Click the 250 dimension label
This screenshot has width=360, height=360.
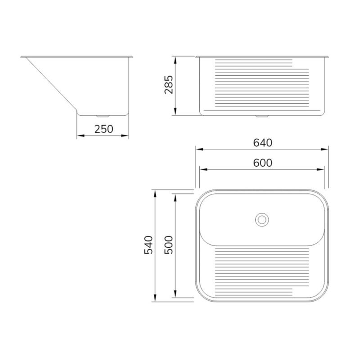point(104,129)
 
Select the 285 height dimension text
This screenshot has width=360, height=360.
point(169,85)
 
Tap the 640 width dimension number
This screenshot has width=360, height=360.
point(263,143)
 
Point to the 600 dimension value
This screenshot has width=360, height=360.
point(263,163)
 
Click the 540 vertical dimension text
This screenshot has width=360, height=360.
point(148,245)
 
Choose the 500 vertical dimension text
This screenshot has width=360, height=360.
point(169,245)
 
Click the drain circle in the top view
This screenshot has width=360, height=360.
point(262,220)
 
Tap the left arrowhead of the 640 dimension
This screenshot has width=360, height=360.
point(199,149)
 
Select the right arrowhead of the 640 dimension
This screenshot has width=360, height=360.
point(324,149)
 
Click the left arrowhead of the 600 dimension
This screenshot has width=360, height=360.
point(203,170)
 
